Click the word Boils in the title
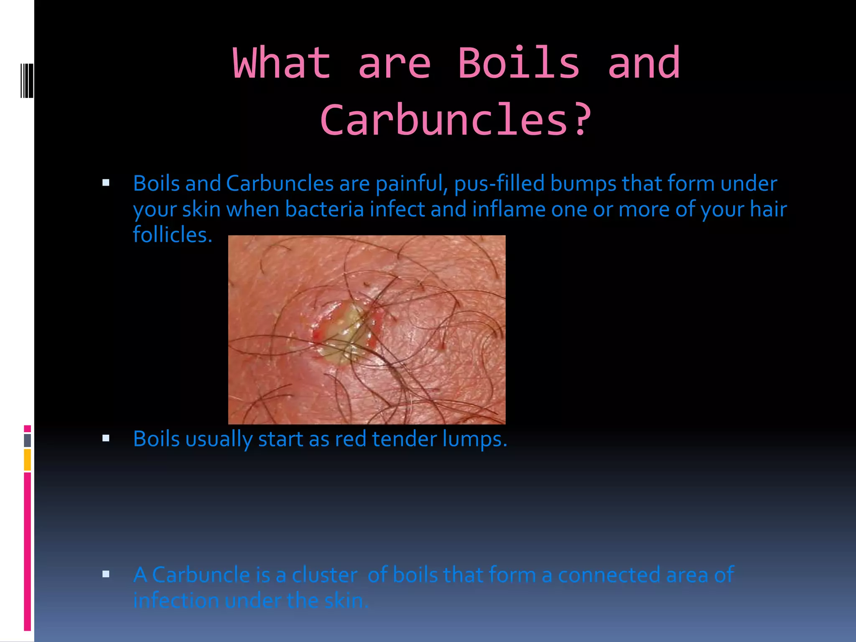[519, 63]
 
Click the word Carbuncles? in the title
[456, 120]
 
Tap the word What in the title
[282, 63]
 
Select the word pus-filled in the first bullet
[499, 183]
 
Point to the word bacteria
[324, 209]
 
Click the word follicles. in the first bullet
[173, 234]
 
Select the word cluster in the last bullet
[325, 575]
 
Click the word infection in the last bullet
[176, 601]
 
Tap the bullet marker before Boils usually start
[106, 438]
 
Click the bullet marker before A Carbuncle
[106, 574]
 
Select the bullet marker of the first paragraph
[106, 183]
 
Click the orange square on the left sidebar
[28, 460]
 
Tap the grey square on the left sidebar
[28, 441]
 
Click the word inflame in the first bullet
[509, 209]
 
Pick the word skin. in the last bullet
[347, 601]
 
